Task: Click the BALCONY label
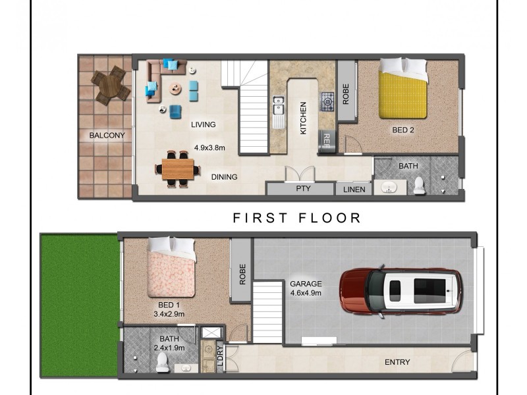pos(107,136)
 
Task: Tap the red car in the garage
pos(401,290)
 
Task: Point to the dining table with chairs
pos(178,169)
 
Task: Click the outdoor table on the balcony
pos(110,85)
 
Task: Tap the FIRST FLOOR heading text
pos(297,218)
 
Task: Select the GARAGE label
pos(306,284)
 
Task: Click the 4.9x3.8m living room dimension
pos(209,149)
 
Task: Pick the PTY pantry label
pos(304,190)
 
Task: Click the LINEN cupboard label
pos(354,190)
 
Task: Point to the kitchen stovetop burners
pos(327,101)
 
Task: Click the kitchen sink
pos(279,105)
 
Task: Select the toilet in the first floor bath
pos(419,187)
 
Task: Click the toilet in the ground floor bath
pos(162,363)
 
